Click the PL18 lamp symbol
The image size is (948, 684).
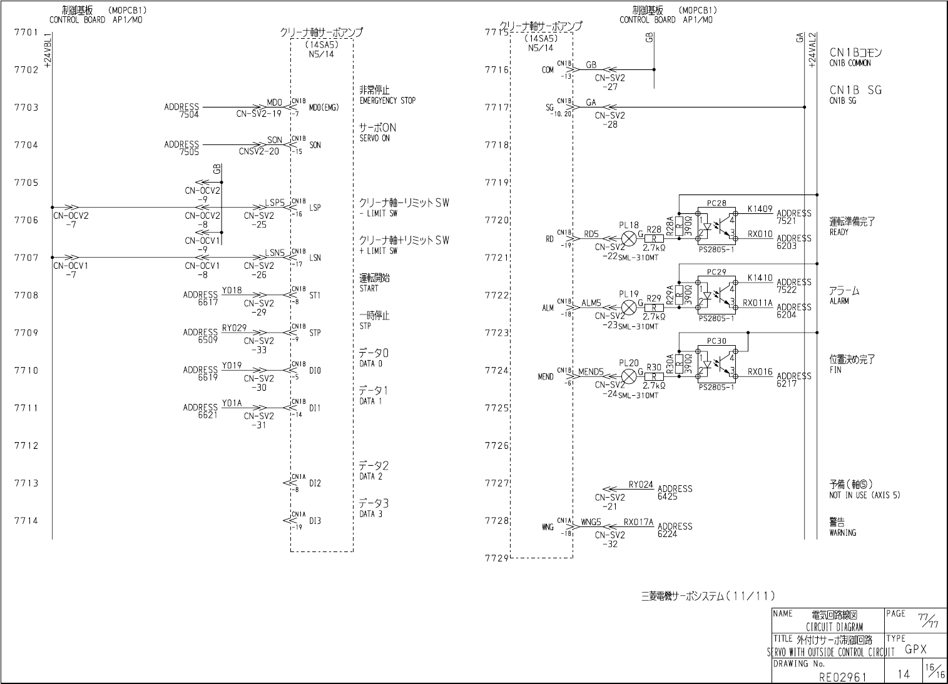point(629,238)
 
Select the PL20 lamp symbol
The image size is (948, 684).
point(629,376)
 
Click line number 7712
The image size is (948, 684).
point(26,446)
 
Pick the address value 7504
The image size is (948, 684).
point(189,114)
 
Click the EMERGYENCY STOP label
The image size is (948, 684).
point(387,101)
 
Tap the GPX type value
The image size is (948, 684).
point(915,649)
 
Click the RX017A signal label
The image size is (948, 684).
point(638,522)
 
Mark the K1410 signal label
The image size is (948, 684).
point(760,278)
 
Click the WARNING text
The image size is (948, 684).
point(843,533)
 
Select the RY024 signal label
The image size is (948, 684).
point(641,485)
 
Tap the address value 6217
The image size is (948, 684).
point(787,383)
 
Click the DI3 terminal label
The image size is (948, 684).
point(315,521)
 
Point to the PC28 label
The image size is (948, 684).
point(716,203)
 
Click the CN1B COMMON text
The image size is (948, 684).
point(850,63)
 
